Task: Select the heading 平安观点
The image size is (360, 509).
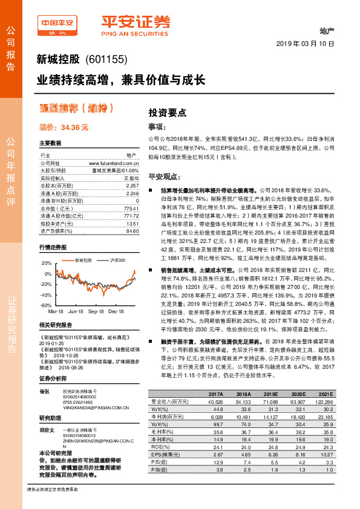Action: pos(166,176)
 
